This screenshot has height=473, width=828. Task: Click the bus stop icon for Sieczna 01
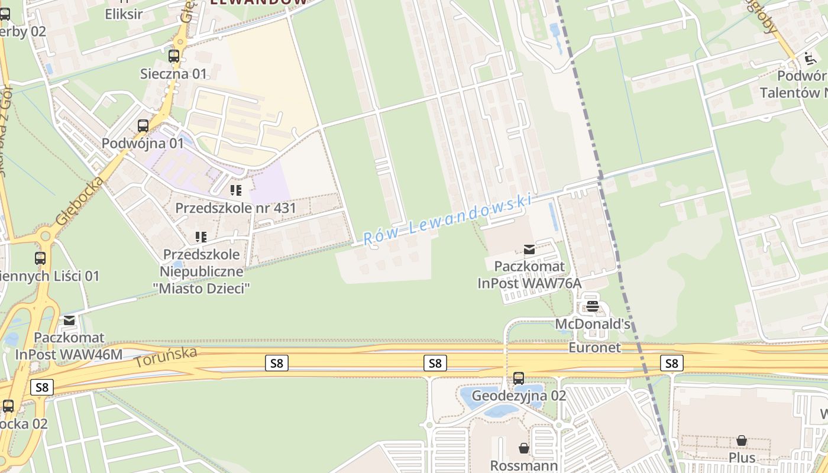(173, 57)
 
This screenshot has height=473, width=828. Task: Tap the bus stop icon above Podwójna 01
(143, 126)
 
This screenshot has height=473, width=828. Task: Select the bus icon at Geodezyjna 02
(519, 378)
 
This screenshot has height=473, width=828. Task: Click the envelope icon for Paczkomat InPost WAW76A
(529, 250)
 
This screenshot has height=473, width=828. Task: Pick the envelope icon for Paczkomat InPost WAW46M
(69, 320)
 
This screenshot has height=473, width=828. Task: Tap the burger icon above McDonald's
(592, 306)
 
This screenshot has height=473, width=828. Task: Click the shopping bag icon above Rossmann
(523, 448)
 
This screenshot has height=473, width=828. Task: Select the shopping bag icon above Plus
(741, 441)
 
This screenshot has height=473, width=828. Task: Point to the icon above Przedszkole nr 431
(236, 190)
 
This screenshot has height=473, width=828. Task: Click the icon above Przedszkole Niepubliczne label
(201, 237)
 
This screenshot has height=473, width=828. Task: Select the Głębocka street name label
(79, 201)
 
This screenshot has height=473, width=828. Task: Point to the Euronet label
(595, 348)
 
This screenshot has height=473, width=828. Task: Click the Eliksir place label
(124, 14)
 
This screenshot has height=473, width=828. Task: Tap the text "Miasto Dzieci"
(202, 289)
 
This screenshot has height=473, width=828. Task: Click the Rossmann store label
(523, 465)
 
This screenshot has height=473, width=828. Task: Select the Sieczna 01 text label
(173, 74)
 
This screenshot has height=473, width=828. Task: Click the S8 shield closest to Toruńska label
(277, 363)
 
